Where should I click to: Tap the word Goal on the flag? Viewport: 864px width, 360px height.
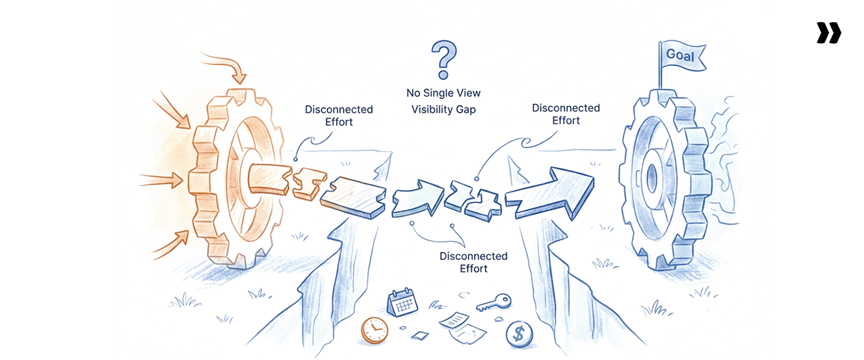[x=680, y=56]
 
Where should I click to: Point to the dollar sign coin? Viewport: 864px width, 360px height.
[x=518, y=334]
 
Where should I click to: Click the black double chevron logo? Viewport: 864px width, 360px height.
[x=829, y=33]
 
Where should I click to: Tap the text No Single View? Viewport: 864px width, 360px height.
[x=443, y=94]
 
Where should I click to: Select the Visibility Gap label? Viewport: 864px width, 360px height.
[x=443, y=110]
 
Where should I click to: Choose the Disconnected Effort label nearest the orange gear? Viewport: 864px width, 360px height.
[x=338, y=115]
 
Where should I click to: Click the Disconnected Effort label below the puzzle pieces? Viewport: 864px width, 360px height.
[x=473, y=262]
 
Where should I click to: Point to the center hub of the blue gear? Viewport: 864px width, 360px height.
[x=652, y=176]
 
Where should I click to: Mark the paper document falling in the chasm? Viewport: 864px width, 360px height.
[x=461, y=322]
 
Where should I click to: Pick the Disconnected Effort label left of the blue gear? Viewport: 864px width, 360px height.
[x=566, y=114]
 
